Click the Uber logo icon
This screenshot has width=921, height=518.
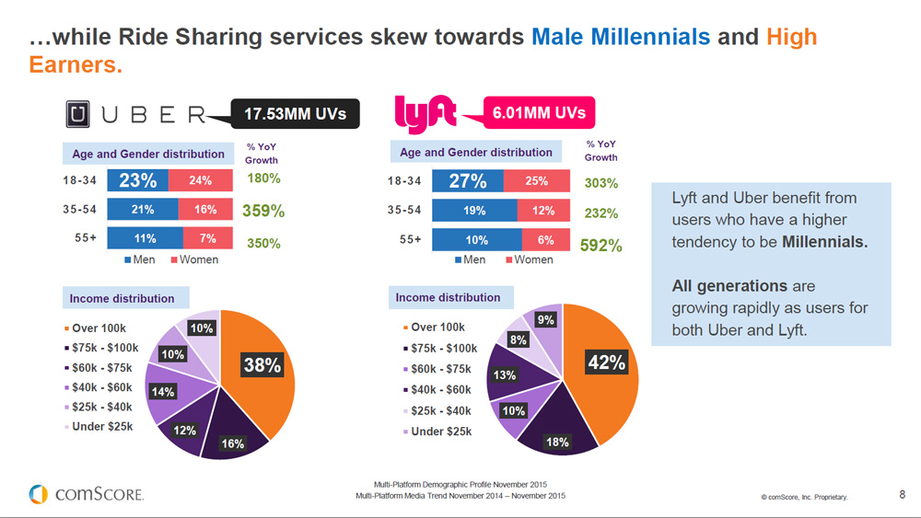[x=78, y=114]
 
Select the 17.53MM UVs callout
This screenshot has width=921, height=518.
[x=295, y=114]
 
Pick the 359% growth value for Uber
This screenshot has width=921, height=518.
[x=262, y=211]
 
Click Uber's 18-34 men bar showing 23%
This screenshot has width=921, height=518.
[x=136, y=180]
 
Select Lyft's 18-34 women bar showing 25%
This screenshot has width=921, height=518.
[x=536, y=181]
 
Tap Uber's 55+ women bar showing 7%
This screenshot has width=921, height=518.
[x=207, y=238]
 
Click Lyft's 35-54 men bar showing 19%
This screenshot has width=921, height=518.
[x=473, y=211]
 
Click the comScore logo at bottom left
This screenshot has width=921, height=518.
[x=86, y=494]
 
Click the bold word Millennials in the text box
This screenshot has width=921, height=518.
[x=824, y=243]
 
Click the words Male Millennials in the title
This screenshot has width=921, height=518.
[x=621, y=38]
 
